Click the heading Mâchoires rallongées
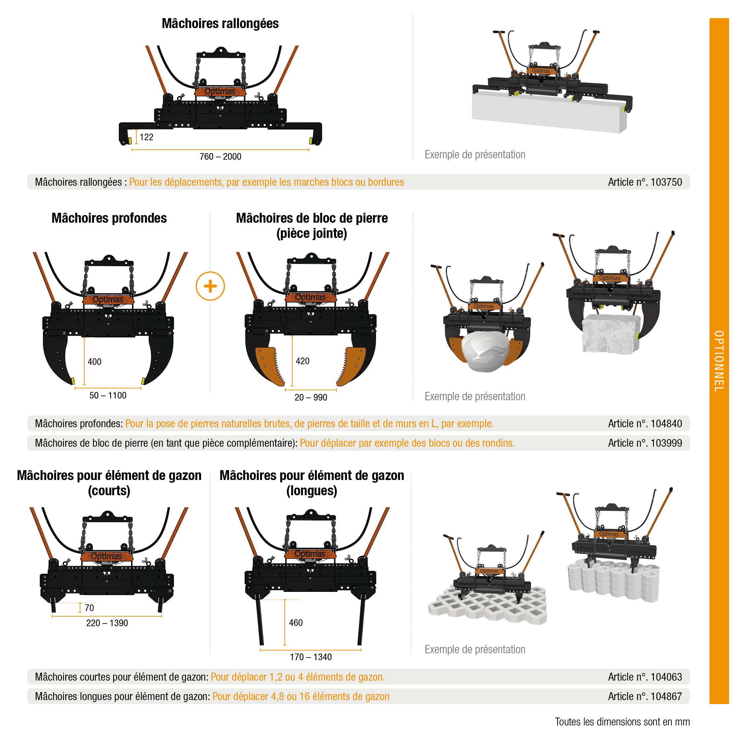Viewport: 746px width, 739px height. tap(220, 23)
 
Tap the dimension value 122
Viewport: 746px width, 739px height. tap(146, 137)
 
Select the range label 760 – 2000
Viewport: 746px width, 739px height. tap(220, 157)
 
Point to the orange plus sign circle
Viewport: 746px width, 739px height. tap(211, 286)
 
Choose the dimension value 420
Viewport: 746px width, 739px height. tap(302, 361)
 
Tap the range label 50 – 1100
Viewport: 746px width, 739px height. tap(108, 396)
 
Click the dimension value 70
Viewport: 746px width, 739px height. tap(89, 608)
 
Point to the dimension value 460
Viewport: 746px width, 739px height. tap(295, 623)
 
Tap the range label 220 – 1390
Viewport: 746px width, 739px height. tap(107, 623)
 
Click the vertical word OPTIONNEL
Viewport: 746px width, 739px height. tap(719, 361)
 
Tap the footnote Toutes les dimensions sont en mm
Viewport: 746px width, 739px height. tap(622, 722)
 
